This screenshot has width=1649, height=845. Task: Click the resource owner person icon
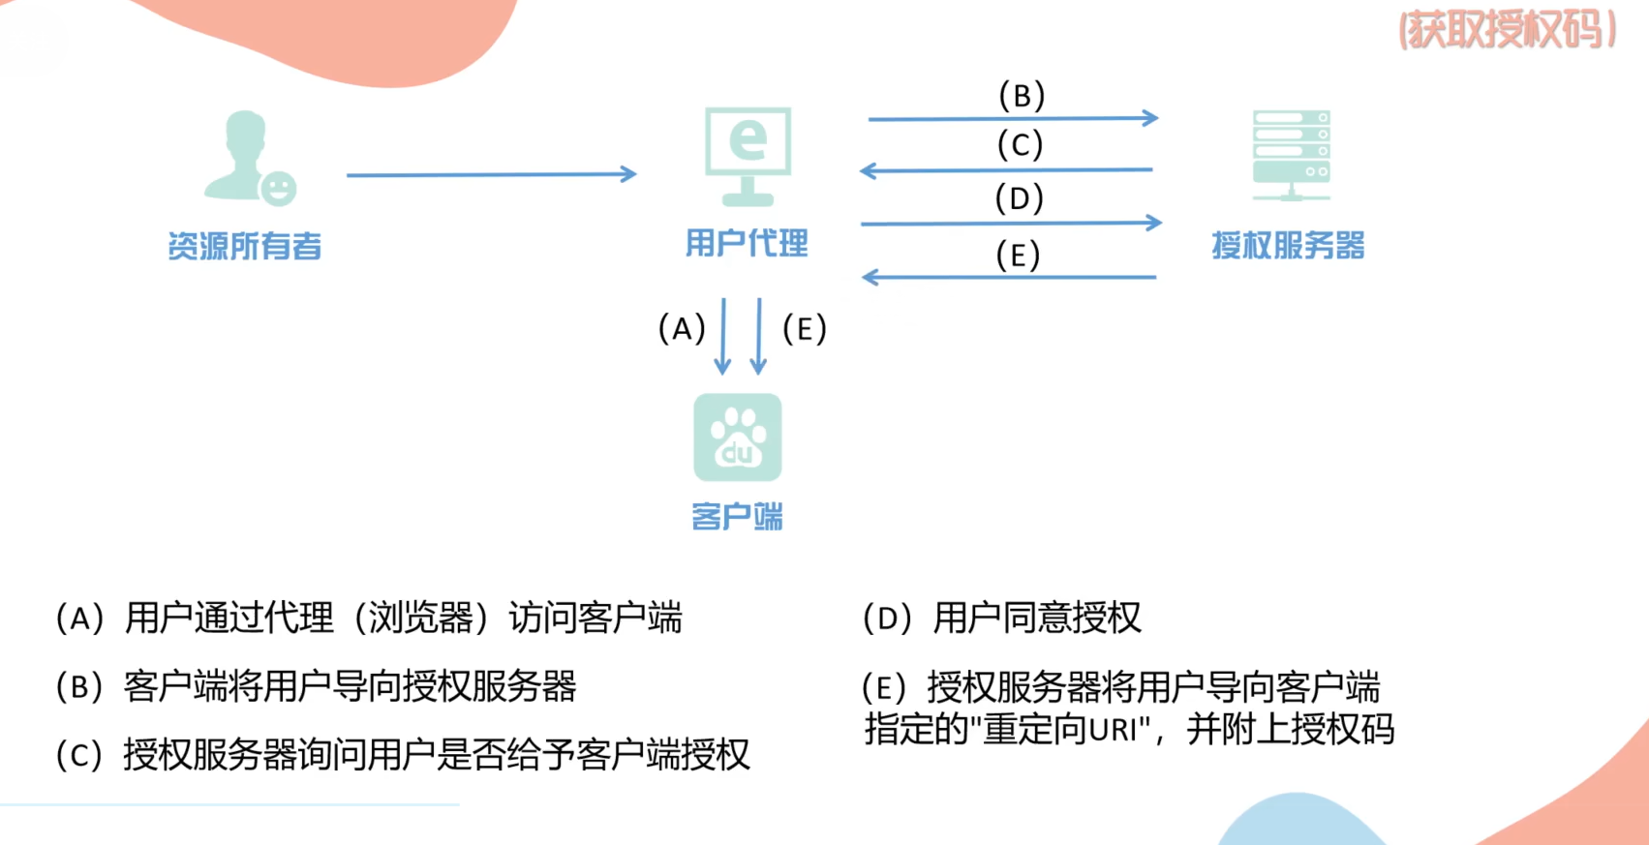click(248, 157)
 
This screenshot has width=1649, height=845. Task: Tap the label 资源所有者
click(244, 247)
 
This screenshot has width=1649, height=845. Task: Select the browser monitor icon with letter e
click(748, 155)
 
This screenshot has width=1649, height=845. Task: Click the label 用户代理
click(747, 243)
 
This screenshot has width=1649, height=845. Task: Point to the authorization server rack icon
click(1291, 155)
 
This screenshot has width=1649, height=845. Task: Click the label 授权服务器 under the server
click(1288, 246)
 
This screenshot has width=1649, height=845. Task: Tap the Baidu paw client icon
click(738, 438)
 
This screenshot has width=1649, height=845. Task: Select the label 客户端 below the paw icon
click(737, 517)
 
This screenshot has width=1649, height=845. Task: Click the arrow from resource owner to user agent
click(491, 174)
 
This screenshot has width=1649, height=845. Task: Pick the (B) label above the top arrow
click(1022, 96)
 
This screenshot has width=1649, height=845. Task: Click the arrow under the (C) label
click(1007, 170)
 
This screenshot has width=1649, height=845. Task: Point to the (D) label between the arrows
click(1020, 198)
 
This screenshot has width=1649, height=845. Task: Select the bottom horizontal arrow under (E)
click(1009, 278)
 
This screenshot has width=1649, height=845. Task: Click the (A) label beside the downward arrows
click(682, 329)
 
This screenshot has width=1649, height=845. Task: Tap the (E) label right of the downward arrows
click(805, 329)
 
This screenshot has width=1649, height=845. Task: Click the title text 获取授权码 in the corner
click(1508, 31)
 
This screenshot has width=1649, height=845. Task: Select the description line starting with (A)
click(369, 618)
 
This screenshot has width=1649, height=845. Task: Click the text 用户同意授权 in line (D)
click(1037, 618)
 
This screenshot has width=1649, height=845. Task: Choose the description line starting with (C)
click(403, 755)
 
